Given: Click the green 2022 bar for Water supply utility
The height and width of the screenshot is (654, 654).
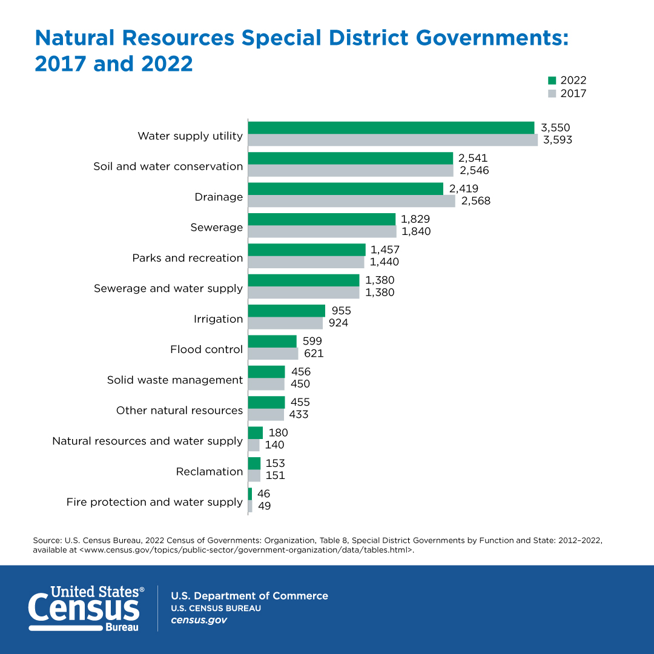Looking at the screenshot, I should point(391,128).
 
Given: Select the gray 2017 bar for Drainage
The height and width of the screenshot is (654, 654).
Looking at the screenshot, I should point(351,201).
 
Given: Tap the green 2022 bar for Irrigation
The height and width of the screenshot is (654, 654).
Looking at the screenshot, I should point(286,311).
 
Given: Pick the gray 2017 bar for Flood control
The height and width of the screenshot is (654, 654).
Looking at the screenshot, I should point(273,354).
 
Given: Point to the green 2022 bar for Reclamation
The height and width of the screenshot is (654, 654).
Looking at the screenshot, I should point(254,463).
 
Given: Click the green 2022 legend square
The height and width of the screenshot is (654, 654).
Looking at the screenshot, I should point(552,81).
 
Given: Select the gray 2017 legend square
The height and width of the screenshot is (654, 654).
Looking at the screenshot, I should point(552,94).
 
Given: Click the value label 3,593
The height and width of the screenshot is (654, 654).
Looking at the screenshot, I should point(557,140).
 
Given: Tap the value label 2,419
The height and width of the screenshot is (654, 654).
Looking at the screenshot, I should point(463,189).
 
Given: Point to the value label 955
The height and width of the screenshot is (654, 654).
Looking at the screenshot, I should point(340,311).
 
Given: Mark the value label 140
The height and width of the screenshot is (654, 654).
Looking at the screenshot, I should point(274,445).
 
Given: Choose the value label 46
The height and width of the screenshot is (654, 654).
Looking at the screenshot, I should point(263,494).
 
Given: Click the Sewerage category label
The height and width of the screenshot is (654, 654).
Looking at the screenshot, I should point(216,228).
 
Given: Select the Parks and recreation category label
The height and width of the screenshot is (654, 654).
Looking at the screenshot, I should point(188,258).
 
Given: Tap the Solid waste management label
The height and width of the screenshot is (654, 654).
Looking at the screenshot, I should point(175,380).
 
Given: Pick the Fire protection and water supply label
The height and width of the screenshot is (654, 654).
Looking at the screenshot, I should point(154,502).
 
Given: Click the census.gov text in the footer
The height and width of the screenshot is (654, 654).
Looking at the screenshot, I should point(199,621).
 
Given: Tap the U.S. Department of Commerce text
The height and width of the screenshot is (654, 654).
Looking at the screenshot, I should point(249,596).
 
